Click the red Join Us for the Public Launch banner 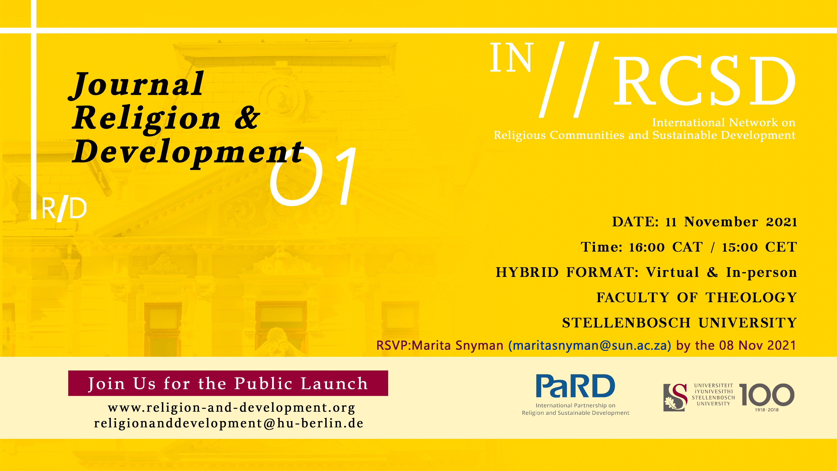pos(228,383)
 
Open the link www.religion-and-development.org pos(231,408)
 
